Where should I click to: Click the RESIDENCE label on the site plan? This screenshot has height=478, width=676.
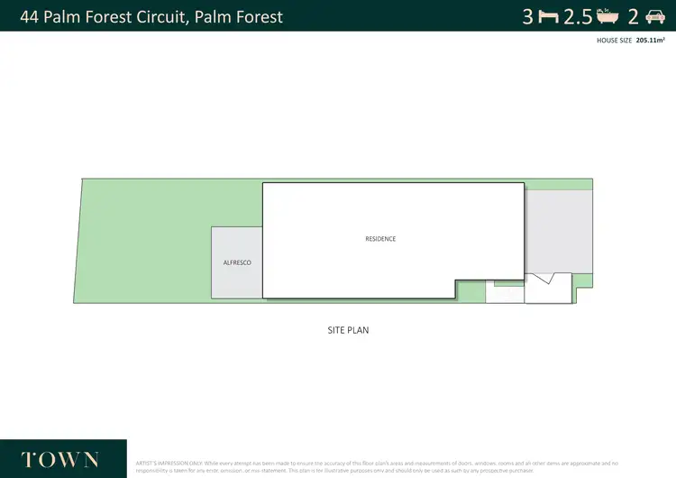tap(380, 239)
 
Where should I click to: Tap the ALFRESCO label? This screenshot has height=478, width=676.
tap(237, 262)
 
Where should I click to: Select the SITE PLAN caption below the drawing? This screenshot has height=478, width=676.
tap(348, 330)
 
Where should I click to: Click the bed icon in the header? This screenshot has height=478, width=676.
tap(548, 16)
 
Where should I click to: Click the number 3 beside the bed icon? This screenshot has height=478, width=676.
tap(528, 16)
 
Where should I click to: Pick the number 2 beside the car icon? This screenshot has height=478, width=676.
tap(633, 16)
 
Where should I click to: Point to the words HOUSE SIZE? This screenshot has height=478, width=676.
tap(614, 41)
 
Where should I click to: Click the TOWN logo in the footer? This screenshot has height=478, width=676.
tap(59, 459)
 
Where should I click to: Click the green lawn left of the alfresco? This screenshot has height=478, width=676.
tap(144, 244)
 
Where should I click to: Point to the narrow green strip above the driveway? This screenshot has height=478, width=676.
tap(559, 184)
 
